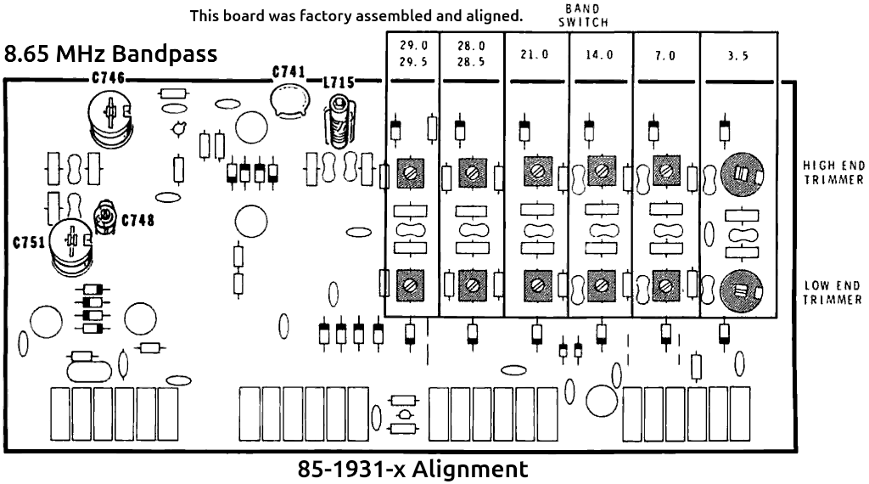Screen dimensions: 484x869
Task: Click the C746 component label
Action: pos(108,79)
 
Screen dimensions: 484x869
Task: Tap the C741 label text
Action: pos(289,73)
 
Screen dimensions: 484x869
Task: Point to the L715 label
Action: pos(339,82)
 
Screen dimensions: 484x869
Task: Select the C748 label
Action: pos(138,221)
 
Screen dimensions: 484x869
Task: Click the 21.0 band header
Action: pos(535,54)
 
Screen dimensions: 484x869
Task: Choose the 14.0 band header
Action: pos(600,54)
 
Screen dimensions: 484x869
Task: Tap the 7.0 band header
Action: pos(665,54)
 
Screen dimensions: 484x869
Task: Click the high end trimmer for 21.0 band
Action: pos(536,173)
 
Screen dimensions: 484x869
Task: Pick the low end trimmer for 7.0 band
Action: pos(666,283)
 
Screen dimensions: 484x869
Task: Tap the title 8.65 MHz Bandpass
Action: pos(111,54)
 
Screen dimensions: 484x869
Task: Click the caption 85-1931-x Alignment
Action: pos(412,470)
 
